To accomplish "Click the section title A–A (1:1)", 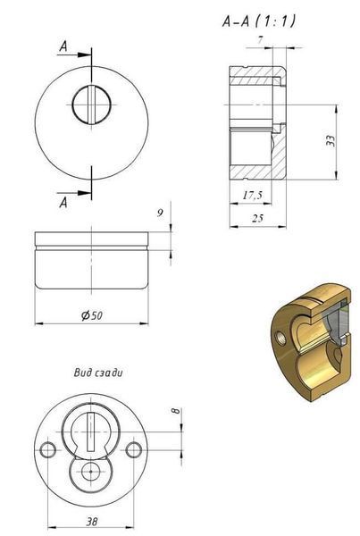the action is pos(259,21).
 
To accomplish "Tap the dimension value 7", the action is pos(261,39).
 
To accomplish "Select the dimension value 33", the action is pos(331,141).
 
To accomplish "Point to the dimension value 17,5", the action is pos(253,195).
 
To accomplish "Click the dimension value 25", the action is pos(257,218).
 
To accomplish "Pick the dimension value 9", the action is pos(160,213).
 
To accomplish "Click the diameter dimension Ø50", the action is pos(92,314).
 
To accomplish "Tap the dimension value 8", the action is pos(175,410).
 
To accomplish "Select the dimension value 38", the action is pos(92,522).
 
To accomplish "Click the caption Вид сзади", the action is pos(98,373).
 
